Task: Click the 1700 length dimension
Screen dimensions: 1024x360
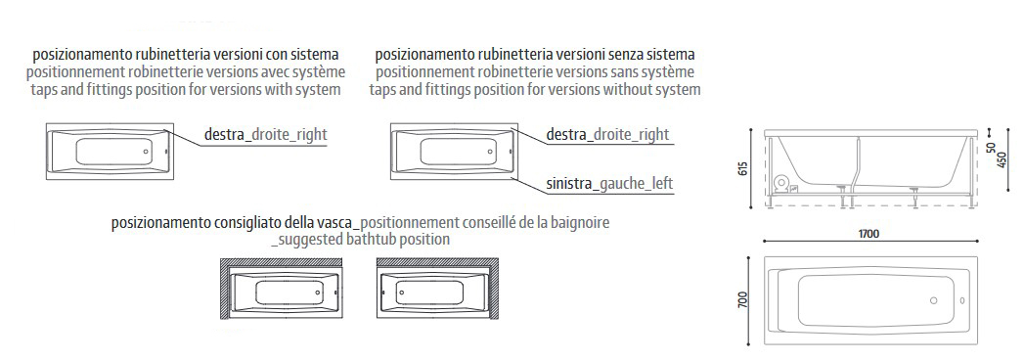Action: pyautogui.click(x=868, y=234)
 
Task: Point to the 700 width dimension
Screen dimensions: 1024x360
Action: pyautogui.click(x=744, y=296)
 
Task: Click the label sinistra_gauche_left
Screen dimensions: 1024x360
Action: pyautogui.click(x=609, y=183)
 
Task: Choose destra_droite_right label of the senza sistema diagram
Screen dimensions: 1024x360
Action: pyautogui.click(x=606, y=135)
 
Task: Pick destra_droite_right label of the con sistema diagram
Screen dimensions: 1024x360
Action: pyautogui.click(x=265, y=135)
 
